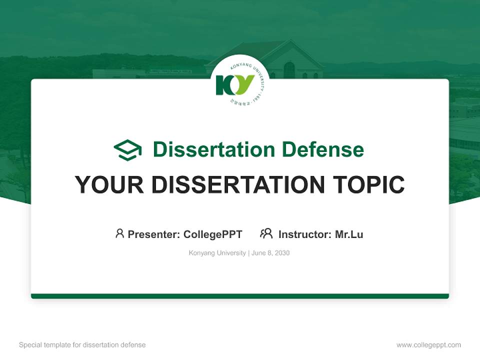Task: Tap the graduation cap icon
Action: pyautogui.click(x=127, y=150)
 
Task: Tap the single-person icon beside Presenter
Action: pyautogui.click(x=119, y=233)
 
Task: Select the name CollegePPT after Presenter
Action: pyautogui.click(x=213, y=234)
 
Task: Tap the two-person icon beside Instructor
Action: pyautogui.click(x=266, y=233)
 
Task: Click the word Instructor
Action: pyautogui.click(x=304, y=234)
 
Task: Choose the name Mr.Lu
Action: pyautogui.click(x=349, y=234)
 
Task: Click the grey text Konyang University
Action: pyautogui.click(x=217, y=253)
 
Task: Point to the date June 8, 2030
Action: pyautogui.click(x=270, y=253)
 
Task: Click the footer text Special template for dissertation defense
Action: pyautogui.click(x=82, y=345)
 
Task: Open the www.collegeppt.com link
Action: pyautogui.click(x=428, y=345)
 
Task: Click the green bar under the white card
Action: pyautogui.click(x=240, y=296)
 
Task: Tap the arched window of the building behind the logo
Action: pyautogui.click(x=289, y=70)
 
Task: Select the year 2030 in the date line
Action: pyautogui.click(x=281, y=253)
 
